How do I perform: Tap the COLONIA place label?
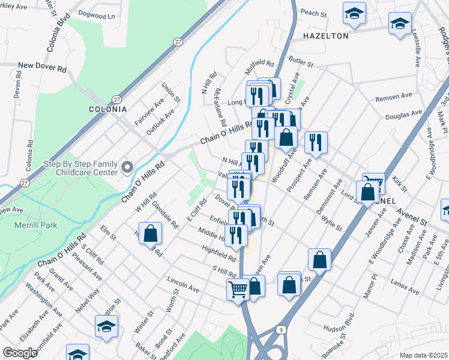(107, 109)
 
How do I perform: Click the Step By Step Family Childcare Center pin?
(126, 166)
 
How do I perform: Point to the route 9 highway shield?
(281, 328)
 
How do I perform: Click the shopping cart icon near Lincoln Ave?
(238, 289)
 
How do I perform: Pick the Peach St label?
(312, 12)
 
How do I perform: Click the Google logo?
(19, 353)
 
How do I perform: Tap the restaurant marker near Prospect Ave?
(316, 143)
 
